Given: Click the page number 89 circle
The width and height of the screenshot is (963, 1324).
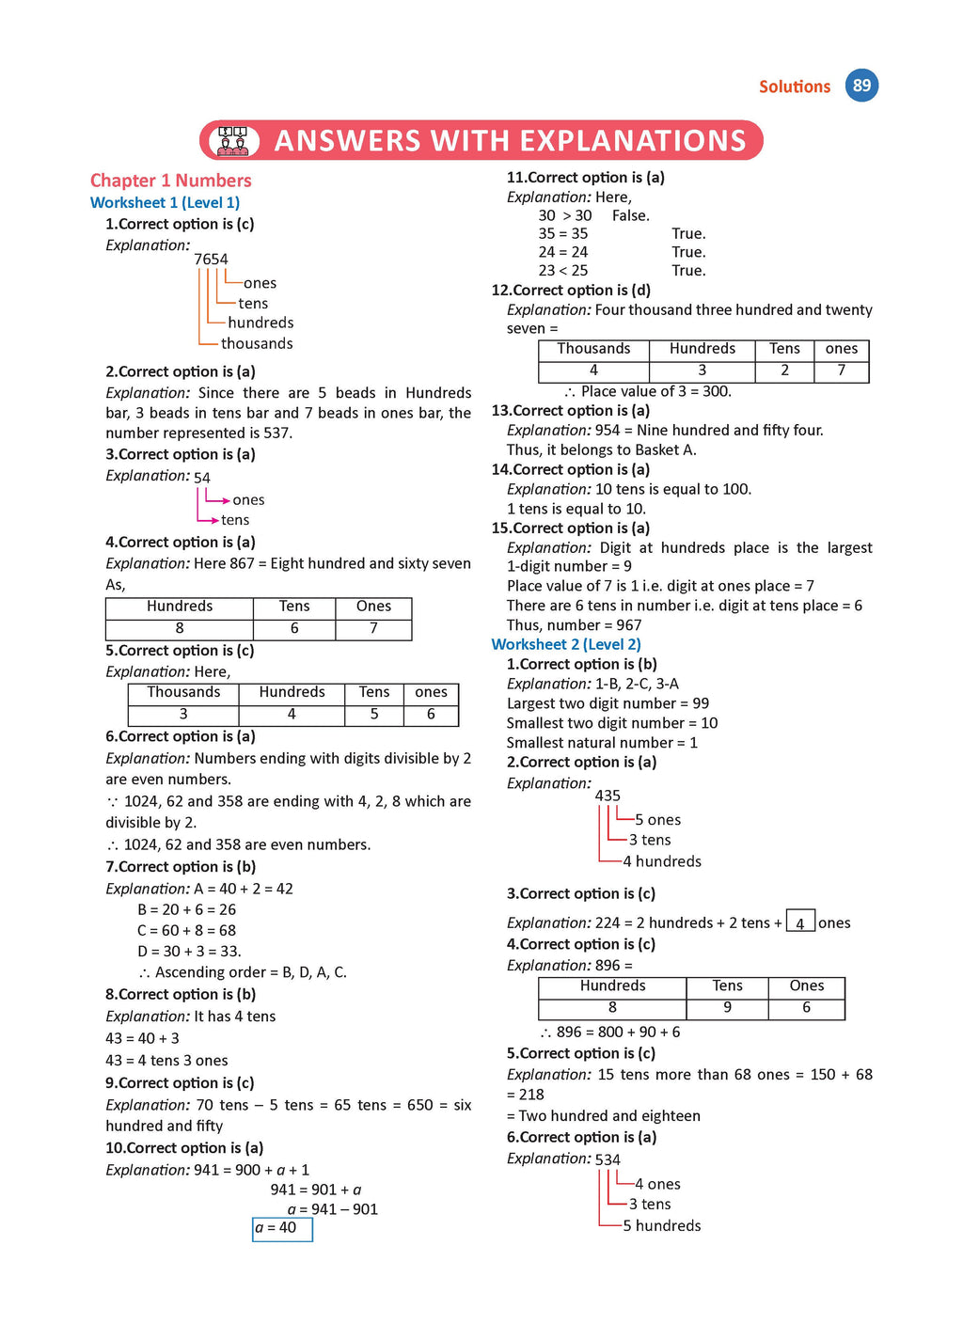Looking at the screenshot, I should click(x=861, y=86).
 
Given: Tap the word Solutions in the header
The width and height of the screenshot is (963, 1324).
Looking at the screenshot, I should click(x=795, y=87).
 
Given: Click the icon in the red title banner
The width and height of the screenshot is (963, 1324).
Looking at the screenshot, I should click(x=233, y=141).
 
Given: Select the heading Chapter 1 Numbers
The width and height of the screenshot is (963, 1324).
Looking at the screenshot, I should click(x=170, y=181).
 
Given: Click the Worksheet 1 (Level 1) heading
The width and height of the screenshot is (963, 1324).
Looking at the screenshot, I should click(x=165, y=202).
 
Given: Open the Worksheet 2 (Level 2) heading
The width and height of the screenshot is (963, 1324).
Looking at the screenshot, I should click(x=566, y=644).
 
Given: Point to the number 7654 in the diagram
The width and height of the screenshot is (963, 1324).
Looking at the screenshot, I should click(x=211, y=260).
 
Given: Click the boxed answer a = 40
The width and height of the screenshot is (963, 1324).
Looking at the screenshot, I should click(x=281, y=1228).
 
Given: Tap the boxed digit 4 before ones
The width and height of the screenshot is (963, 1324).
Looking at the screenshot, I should click(x=800, y=922).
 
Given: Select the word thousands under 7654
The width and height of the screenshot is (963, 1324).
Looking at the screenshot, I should click(x=257, y=344).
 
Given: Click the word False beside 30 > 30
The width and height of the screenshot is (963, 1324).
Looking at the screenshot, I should click(x=630, y=215).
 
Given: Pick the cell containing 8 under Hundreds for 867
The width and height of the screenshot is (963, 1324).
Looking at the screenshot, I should click(x=180, y=628).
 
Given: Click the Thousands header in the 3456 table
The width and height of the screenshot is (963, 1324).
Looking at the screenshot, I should click(x=183, y=692).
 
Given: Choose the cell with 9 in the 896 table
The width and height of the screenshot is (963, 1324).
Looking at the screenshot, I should click(x=727, y=1008).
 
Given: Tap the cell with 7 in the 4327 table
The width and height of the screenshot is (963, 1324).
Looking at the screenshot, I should click(x=841, y=370).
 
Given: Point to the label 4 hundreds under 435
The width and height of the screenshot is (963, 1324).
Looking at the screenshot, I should click(x=662, y=861).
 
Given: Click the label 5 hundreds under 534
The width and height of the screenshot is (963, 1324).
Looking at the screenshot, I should click(x=662, y=1226).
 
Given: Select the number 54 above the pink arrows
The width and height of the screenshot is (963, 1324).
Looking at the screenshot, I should click(x=202, y=478).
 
